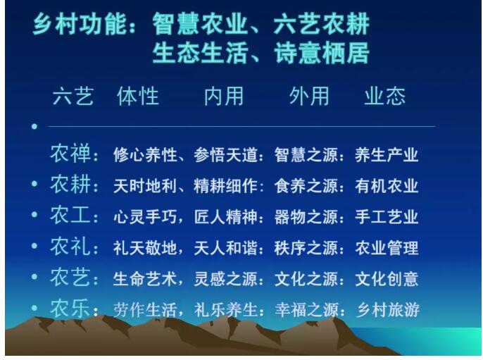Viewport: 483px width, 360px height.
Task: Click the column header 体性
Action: [138, 96]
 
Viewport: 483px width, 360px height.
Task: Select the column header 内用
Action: [224, 96]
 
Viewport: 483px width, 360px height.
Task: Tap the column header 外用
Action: [309, 96]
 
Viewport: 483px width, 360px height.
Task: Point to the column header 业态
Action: [385, 96]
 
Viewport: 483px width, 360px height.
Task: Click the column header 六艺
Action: [73, 96]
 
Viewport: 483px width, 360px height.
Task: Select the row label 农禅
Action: [70, 153]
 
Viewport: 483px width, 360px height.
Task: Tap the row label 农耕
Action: [70, 184]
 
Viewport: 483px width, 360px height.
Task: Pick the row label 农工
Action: [70, 215]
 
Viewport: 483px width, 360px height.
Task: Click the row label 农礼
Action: [70, 247]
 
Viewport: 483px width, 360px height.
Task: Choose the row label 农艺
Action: [70, 277]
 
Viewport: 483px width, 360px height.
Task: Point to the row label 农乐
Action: [70, 308]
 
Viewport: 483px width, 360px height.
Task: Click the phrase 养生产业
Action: [387, 155]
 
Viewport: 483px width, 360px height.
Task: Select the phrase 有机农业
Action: [387, 186]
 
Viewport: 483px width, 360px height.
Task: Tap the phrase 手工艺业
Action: [387, 217]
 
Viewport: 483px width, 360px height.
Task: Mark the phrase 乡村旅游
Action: [388, 310]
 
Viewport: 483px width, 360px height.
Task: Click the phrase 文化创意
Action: [387, 279]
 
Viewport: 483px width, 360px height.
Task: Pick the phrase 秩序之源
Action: [306, 248]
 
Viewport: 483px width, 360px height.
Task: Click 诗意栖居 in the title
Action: [322, 53]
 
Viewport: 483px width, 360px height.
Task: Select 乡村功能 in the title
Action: [80, 24]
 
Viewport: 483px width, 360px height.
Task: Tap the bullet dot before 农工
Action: [34, 214]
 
